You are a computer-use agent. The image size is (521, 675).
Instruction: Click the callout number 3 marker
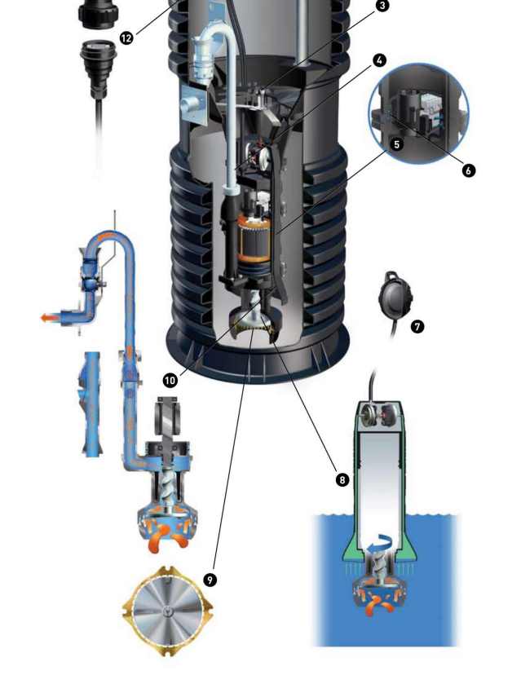coord(382,6)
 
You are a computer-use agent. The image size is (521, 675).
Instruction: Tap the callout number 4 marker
coord(379,60)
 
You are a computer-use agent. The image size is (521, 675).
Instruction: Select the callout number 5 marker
coord(397,144)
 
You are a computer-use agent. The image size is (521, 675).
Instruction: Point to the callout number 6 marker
coord(468,170)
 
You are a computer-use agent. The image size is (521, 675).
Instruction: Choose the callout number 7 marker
coord(417,327)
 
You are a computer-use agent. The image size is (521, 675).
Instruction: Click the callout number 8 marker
coord(342,479)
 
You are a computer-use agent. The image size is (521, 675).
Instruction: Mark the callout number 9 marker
coord(210,579)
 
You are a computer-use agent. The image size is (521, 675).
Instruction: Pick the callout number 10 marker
coord(170,380)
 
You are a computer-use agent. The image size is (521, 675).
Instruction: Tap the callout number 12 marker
coord(126,38)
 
